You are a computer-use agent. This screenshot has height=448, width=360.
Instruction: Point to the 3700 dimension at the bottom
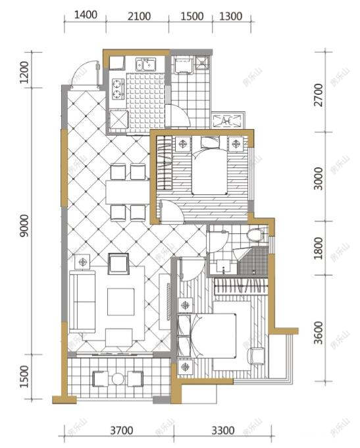tap(121, 432)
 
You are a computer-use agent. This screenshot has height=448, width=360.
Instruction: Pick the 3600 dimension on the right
tap(319, 333)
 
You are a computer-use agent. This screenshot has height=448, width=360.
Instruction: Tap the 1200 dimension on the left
tap(24, 72)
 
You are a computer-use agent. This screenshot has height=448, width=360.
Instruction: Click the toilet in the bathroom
tap(254, 235)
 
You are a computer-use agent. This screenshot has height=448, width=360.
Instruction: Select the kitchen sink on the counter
tap(145, 65)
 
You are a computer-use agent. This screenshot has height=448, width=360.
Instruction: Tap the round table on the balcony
tap(118, 379)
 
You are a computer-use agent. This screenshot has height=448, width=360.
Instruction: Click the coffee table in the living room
tap(121, 302)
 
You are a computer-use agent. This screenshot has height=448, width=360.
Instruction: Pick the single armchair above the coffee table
tap(118, 264)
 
